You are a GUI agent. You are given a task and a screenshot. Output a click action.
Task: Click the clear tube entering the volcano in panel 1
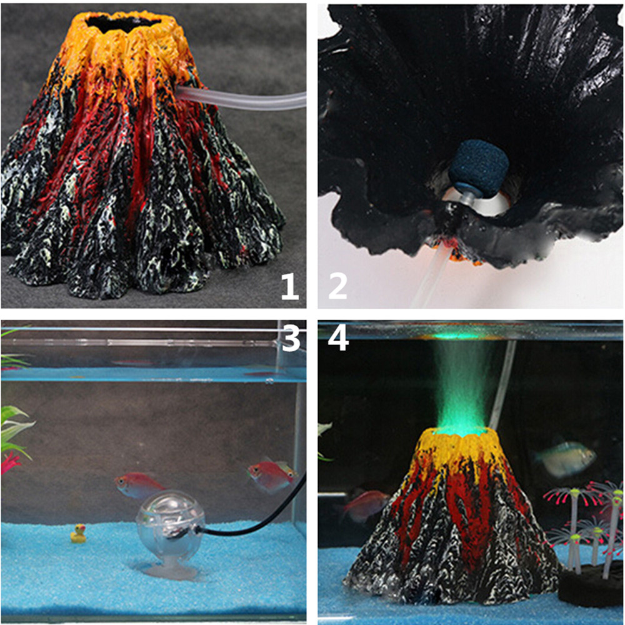(244, 98)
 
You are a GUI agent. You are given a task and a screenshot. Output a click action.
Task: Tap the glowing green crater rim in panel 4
(462, 430)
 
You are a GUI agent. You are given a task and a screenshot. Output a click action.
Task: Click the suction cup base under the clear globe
(166, 570)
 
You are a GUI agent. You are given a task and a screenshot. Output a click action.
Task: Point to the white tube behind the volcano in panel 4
(503, 387)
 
